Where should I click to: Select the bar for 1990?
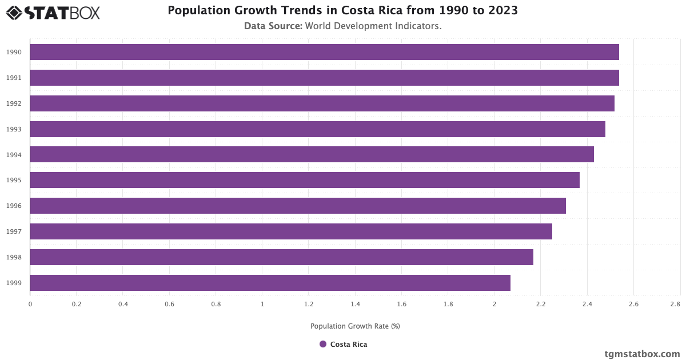[324, 52]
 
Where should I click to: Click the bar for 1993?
[317, 129]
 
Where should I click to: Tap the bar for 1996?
[297, 206]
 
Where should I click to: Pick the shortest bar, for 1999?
[270, 283]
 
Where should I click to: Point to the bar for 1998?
[281, 257]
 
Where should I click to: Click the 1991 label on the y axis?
[14, 78]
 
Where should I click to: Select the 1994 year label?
[14, 155]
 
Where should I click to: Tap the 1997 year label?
[14, 231]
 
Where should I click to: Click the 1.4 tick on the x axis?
[355, 305]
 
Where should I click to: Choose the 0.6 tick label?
[169, 305]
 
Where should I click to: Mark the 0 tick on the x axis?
[30, 305]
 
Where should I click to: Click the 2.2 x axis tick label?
[541, 305]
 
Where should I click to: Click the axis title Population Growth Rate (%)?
[355, 326]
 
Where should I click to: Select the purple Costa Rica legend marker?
[323, 344]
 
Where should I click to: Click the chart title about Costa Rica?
[342, 11]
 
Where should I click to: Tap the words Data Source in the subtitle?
[273, 26]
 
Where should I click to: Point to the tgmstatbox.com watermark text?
[642, 354]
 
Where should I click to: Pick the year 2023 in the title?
[504, 11]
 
